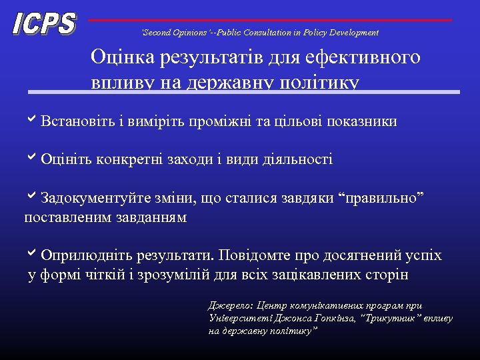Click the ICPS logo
pyautogui.click(x=45, y=24)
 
